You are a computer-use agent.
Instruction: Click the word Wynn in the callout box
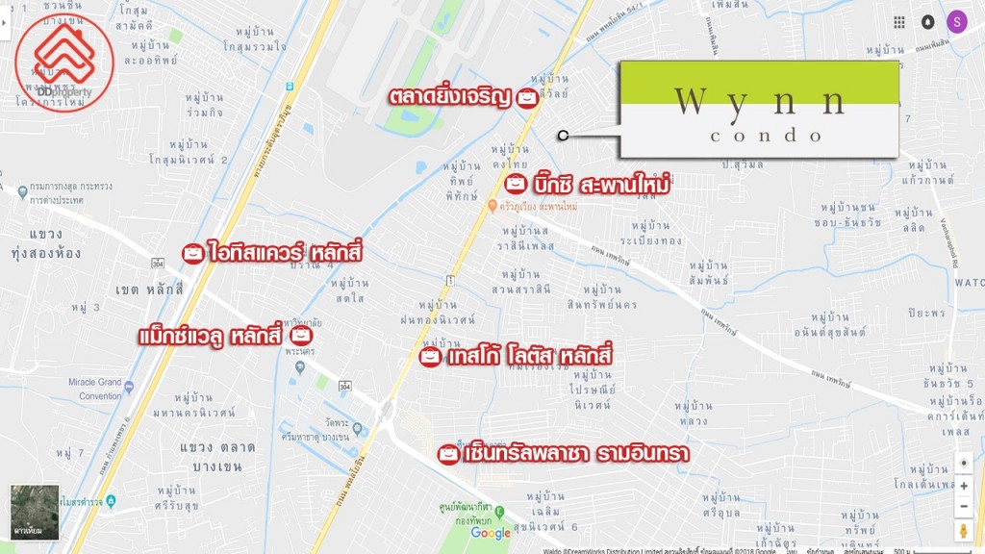point(760,101)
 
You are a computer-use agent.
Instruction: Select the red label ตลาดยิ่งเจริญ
point(448,97)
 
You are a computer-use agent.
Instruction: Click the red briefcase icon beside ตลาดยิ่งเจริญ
point(526,97)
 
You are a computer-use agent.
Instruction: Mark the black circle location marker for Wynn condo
point(563,136)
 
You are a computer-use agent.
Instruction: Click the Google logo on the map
point(491,533)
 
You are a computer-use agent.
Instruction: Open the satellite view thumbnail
point(35,512)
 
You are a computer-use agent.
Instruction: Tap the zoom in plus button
point(964,487)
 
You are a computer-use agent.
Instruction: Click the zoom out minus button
point(964,507)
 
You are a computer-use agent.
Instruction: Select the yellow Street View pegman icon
point(964,531)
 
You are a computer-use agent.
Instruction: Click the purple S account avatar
point(956,22)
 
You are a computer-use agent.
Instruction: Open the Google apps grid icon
point(899,22)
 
